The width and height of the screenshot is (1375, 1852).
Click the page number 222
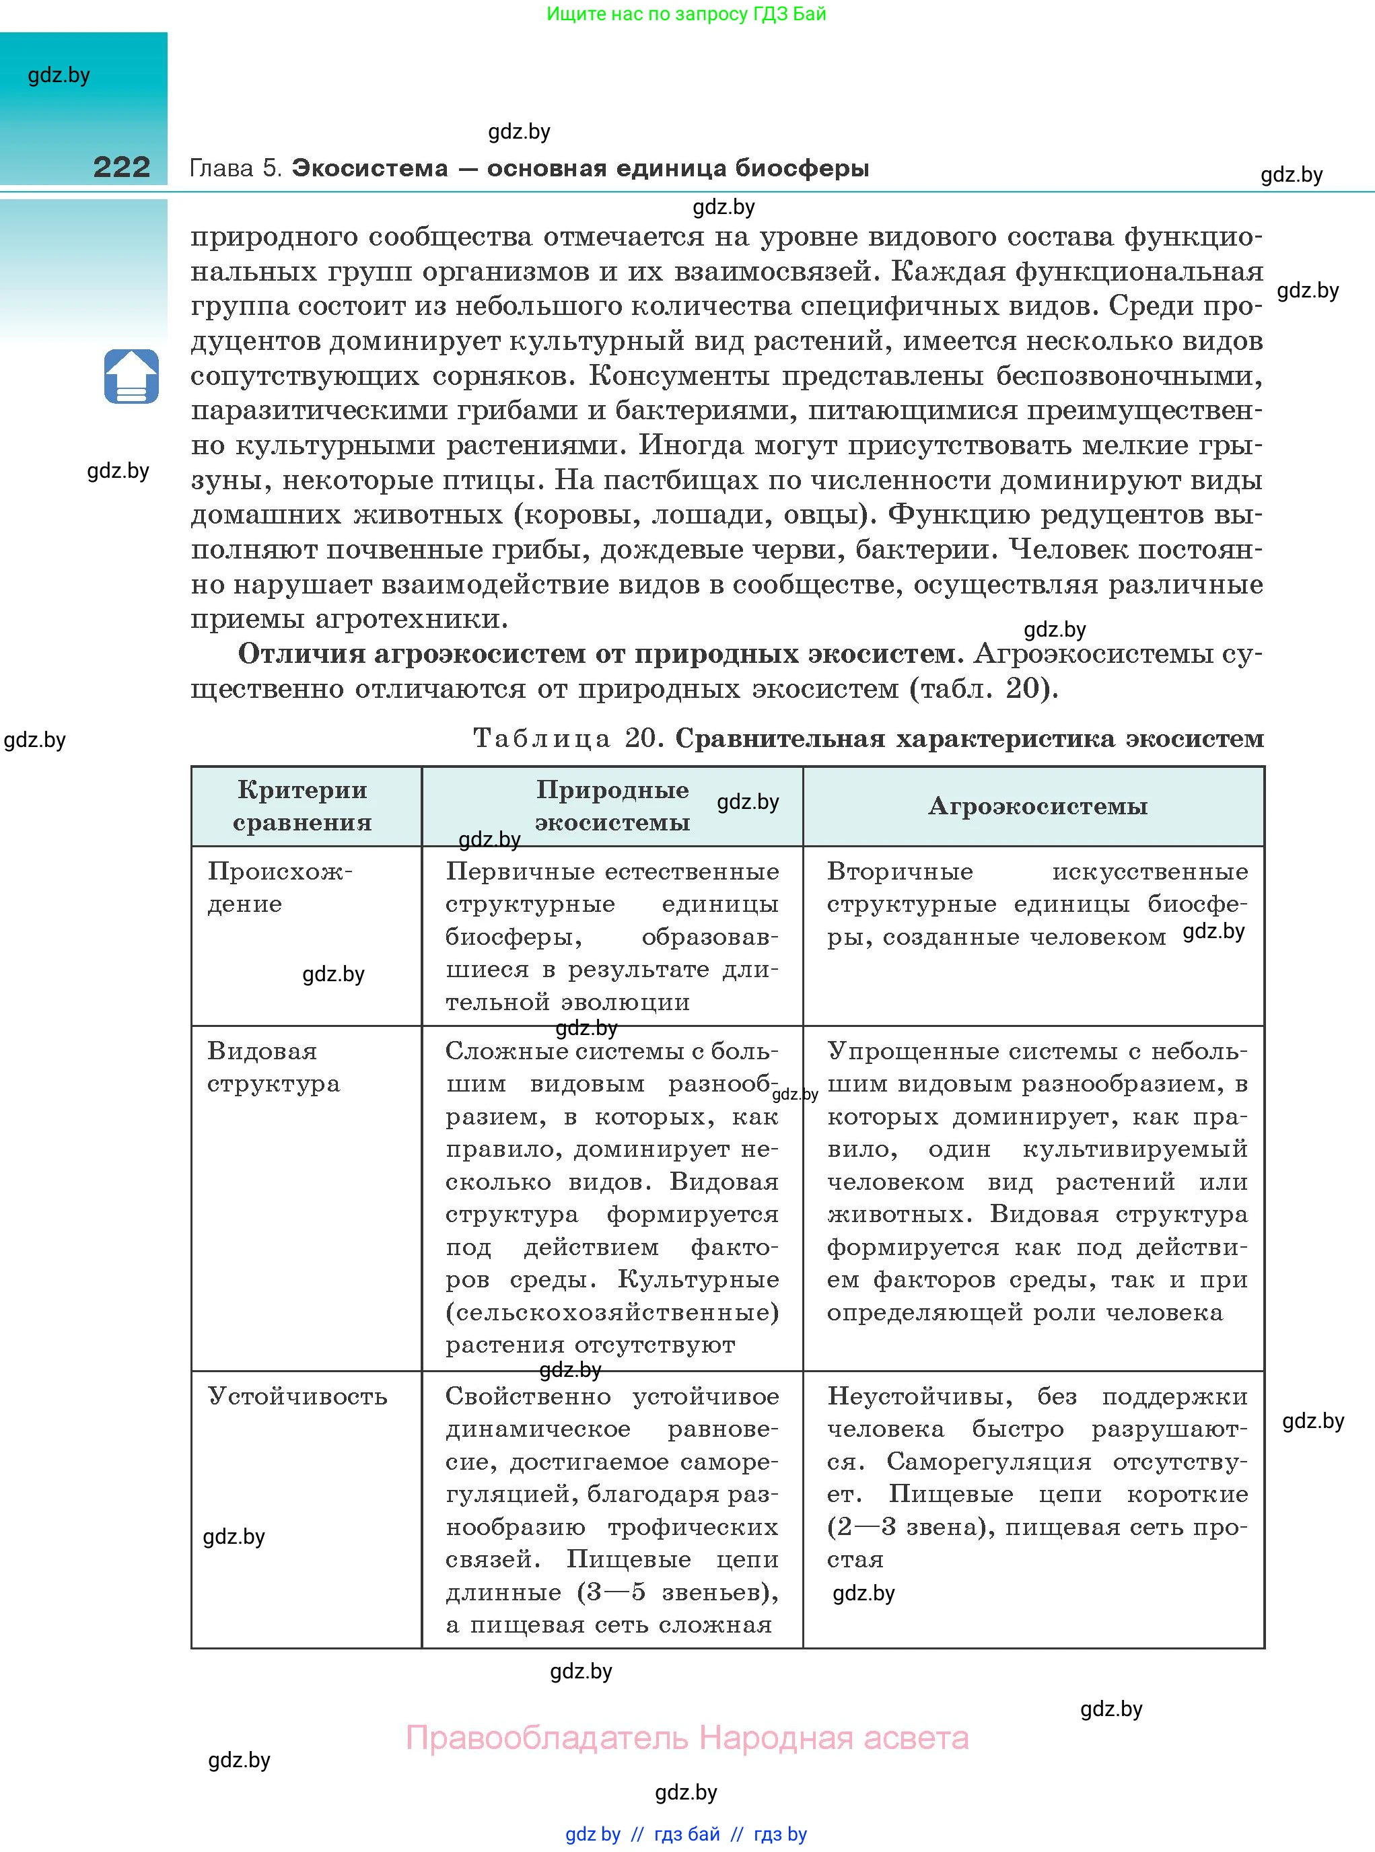click(x=122, y=168)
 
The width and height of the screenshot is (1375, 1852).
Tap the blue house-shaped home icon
click(x=131, y=377)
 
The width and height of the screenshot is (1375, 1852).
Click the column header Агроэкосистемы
click(x=1037, y=806)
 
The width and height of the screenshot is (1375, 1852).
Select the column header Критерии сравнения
click(x=302, y=806)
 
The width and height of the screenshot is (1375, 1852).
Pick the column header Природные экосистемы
click(x=612, y=806)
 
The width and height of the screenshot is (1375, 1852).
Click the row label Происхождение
click(x=280, y=887)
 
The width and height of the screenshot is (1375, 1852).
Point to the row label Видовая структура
click(x=273, y=1067)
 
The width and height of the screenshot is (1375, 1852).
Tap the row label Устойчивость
click(x=297, y=1396)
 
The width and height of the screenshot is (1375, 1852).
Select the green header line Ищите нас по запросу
click(x=686, y=13)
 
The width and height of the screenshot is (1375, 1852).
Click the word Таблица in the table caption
click(x=542, y=738)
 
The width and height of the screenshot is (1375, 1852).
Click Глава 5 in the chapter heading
click(x=236, y=168)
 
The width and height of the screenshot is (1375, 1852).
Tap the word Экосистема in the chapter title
click(x=369, y=168)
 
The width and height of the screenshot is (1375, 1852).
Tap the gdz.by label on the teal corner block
click(x=59, y=75)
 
